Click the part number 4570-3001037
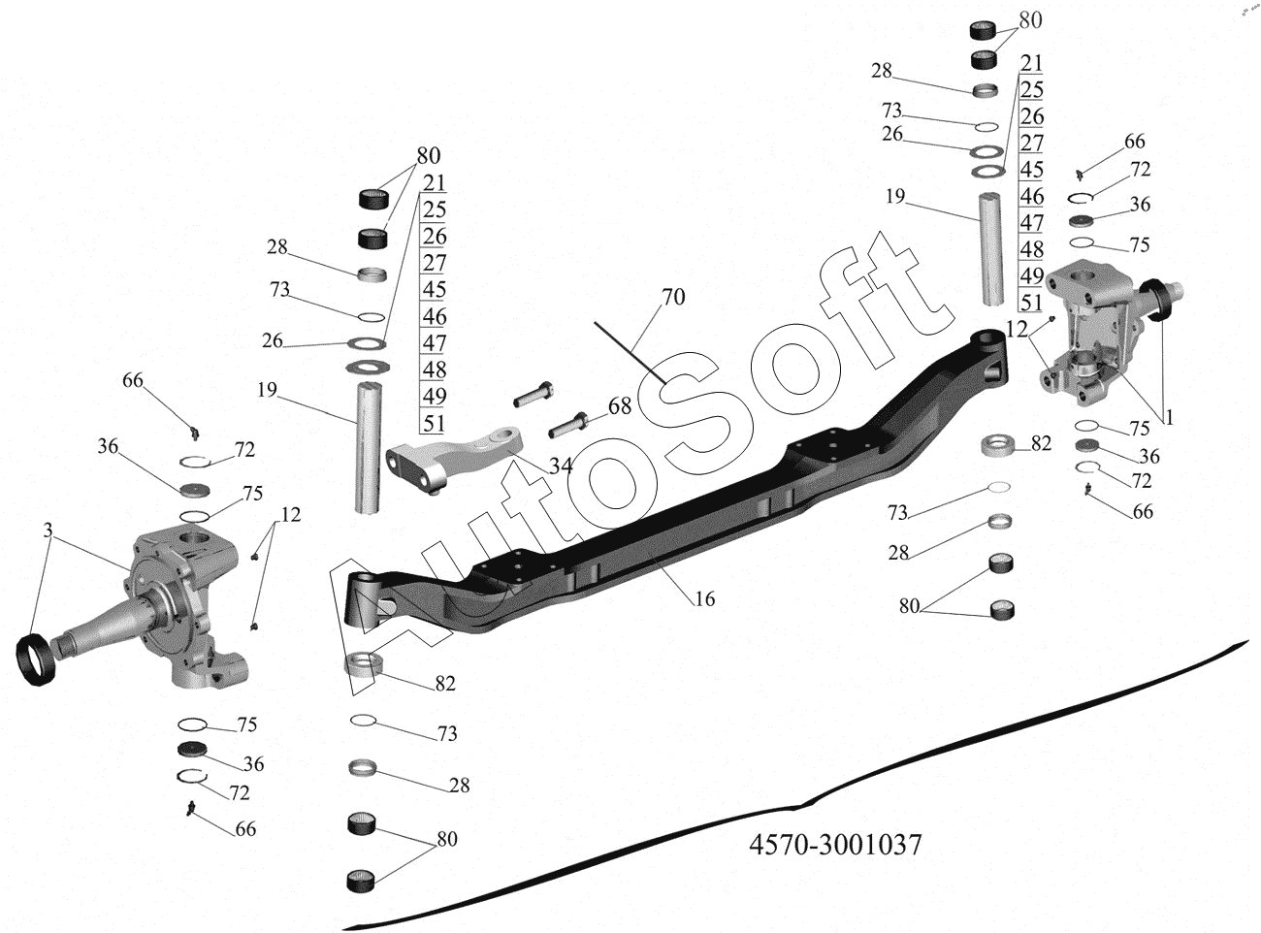pyautogui.click(x=835, y=845)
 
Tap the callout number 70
pyautogui.click(x=673, y=297)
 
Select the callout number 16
pyautogui.click(x=704, y=598)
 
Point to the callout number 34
pyautogui.click(x=561, y=466)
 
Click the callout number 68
pyautogui.click(x=620, y=406)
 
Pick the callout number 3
pyautogui.click(x=48, y=531)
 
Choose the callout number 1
pyautogui.click(x=1170, y=418)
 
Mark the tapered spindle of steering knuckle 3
pyautogui.click(x=103, y=627)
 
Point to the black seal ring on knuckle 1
pyautogui.click(x=1155, y=302)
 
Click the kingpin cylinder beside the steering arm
pyautogui.click(x=369, y=447)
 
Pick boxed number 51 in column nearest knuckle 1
pyautogui.click(x=1031, y=303)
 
